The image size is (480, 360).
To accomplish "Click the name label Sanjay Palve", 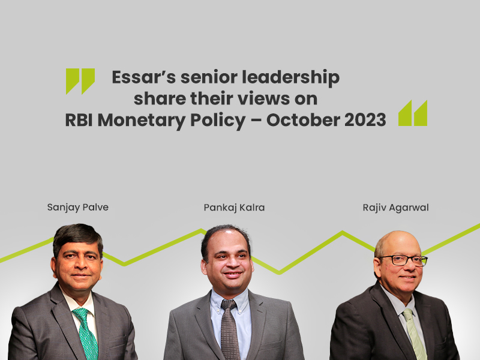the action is click(78, 208).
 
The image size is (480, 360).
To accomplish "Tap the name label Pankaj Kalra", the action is click(234, 208).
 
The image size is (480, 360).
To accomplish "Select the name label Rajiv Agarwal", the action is click(395, 208).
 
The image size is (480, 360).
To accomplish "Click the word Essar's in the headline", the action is click(144, 77).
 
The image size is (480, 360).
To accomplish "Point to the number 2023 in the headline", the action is click(365, 119).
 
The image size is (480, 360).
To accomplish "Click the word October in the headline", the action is click(302, 119).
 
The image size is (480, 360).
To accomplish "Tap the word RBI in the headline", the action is click(79, 119).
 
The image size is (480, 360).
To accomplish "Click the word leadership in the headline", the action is click(290, 78).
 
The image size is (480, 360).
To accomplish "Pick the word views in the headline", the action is click(263, 98).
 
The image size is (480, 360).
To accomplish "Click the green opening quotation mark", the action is click(80, 81).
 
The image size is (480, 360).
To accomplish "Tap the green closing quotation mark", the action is click(413, 113).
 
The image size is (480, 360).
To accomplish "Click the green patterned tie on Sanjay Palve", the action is click(85, 333).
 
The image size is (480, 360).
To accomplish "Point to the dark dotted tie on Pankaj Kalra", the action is click(230, 329).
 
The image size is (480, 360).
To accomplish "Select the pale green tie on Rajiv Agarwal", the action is click(415, 334).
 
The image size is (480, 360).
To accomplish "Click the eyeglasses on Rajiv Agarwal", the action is click(403, 260).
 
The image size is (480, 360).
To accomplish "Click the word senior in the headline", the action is click(208, 77).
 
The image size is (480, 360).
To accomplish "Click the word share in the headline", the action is click(159, 98).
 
